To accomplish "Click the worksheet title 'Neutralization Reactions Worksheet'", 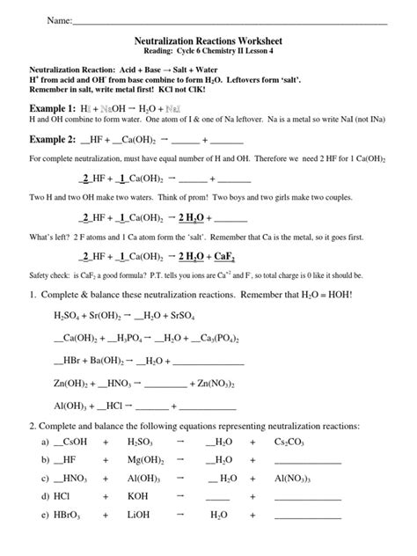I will coord(208,40).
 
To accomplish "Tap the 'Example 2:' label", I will coord(58,140).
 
